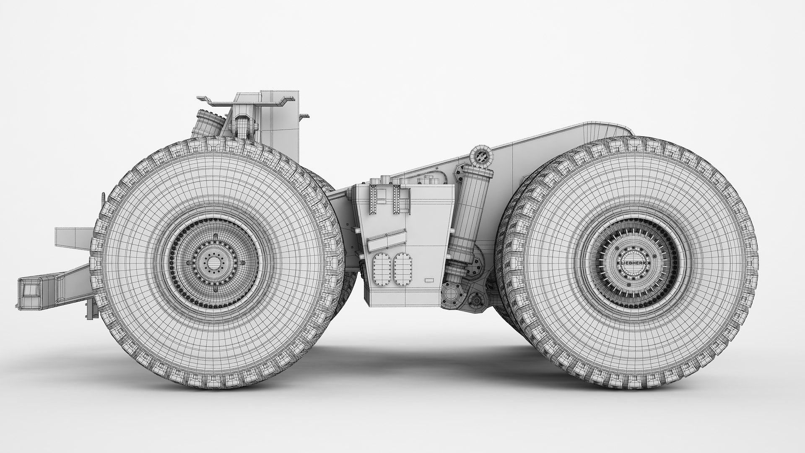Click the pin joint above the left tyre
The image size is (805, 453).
(242, 124)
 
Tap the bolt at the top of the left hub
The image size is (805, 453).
(216, 235)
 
